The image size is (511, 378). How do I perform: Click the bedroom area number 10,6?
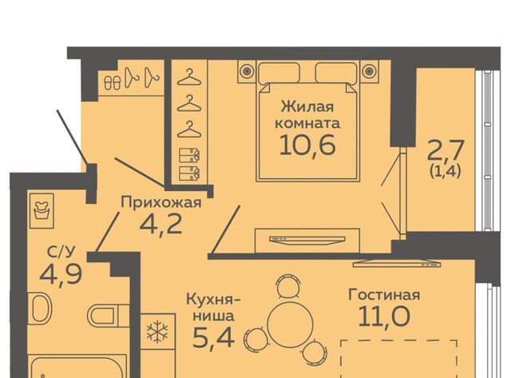[307, 145]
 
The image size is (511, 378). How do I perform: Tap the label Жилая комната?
[307, 115]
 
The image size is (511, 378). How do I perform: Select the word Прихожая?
[161, 202]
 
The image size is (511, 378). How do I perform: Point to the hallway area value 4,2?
[161, 225]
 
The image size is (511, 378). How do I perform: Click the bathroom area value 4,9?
[61, 274]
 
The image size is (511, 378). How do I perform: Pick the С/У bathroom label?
[61, 252]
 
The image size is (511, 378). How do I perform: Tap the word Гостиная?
[384, 295]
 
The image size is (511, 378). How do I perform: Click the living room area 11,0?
[384, 316]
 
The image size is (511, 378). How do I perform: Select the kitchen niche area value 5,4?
[213, 338]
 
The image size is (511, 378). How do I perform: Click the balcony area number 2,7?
[446, 150]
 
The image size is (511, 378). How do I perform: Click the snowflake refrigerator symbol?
[157, 332]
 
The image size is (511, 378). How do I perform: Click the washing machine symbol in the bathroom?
[42, 210]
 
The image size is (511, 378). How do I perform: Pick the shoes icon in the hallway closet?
[112, 82]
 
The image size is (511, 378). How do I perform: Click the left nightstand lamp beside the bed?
[248, 70]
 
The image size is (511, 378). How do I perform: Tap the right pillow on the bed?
[335, 73]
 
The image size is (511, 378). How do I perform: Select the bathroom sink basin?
[42, 308]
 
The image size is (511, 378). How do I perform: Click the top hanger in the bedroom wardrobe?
[189, 78]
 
